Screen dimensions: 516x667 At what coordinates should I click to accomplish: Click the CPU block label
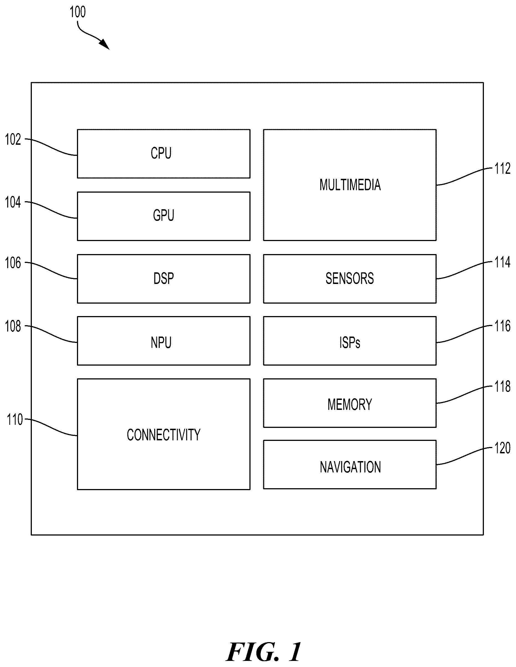[x=161, y=153]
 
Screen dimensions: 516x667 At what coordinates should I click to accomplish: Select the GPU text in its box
[x=163, y=215]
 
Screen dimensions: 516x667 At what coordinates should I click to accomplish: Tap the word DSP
[x=163, y=278]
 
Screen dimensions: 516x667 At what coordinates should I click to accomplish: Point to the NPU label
[x=161, y=342]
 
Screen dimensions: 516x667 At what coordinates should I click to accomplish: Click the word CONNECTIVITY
[x=163, y=435]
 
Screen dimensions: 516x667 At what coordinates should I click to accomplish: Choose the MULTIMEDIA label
[x=350, y=185]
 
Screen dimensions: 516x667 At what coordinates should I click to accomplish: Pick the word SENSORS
[x=350, y=278]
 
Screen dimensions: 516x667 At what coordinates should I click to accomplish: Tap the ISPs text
[x=350, y=342]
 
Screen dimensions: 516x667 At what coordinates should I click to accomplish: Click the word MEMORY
[x=350, y=404]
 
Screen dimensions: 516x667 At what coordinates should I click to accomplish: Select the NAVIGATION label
[x=350, y=467]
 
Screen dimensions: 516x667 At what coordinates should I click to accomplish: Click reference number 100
[x=78, y=12]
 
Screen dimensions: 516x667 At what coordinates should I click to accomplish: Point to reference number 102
[x=13, y=139]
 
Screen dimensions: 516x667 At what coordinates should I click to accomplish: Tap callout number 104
[x=13, y=202]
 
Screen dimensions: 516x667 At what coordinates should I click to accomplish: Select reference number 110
[x=15, y=420]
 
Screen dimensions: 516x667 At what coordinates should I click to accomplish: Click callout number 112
[x=502, y=168]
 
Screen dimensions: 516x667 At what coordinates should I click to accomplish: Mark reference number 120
[x=502, y=448]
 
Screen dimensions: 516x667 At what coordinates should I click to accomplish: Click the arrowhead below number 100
[x=105, y=45]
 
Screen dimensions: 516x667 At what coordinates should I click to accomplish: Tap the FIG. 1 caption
[x=264, y=652]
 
